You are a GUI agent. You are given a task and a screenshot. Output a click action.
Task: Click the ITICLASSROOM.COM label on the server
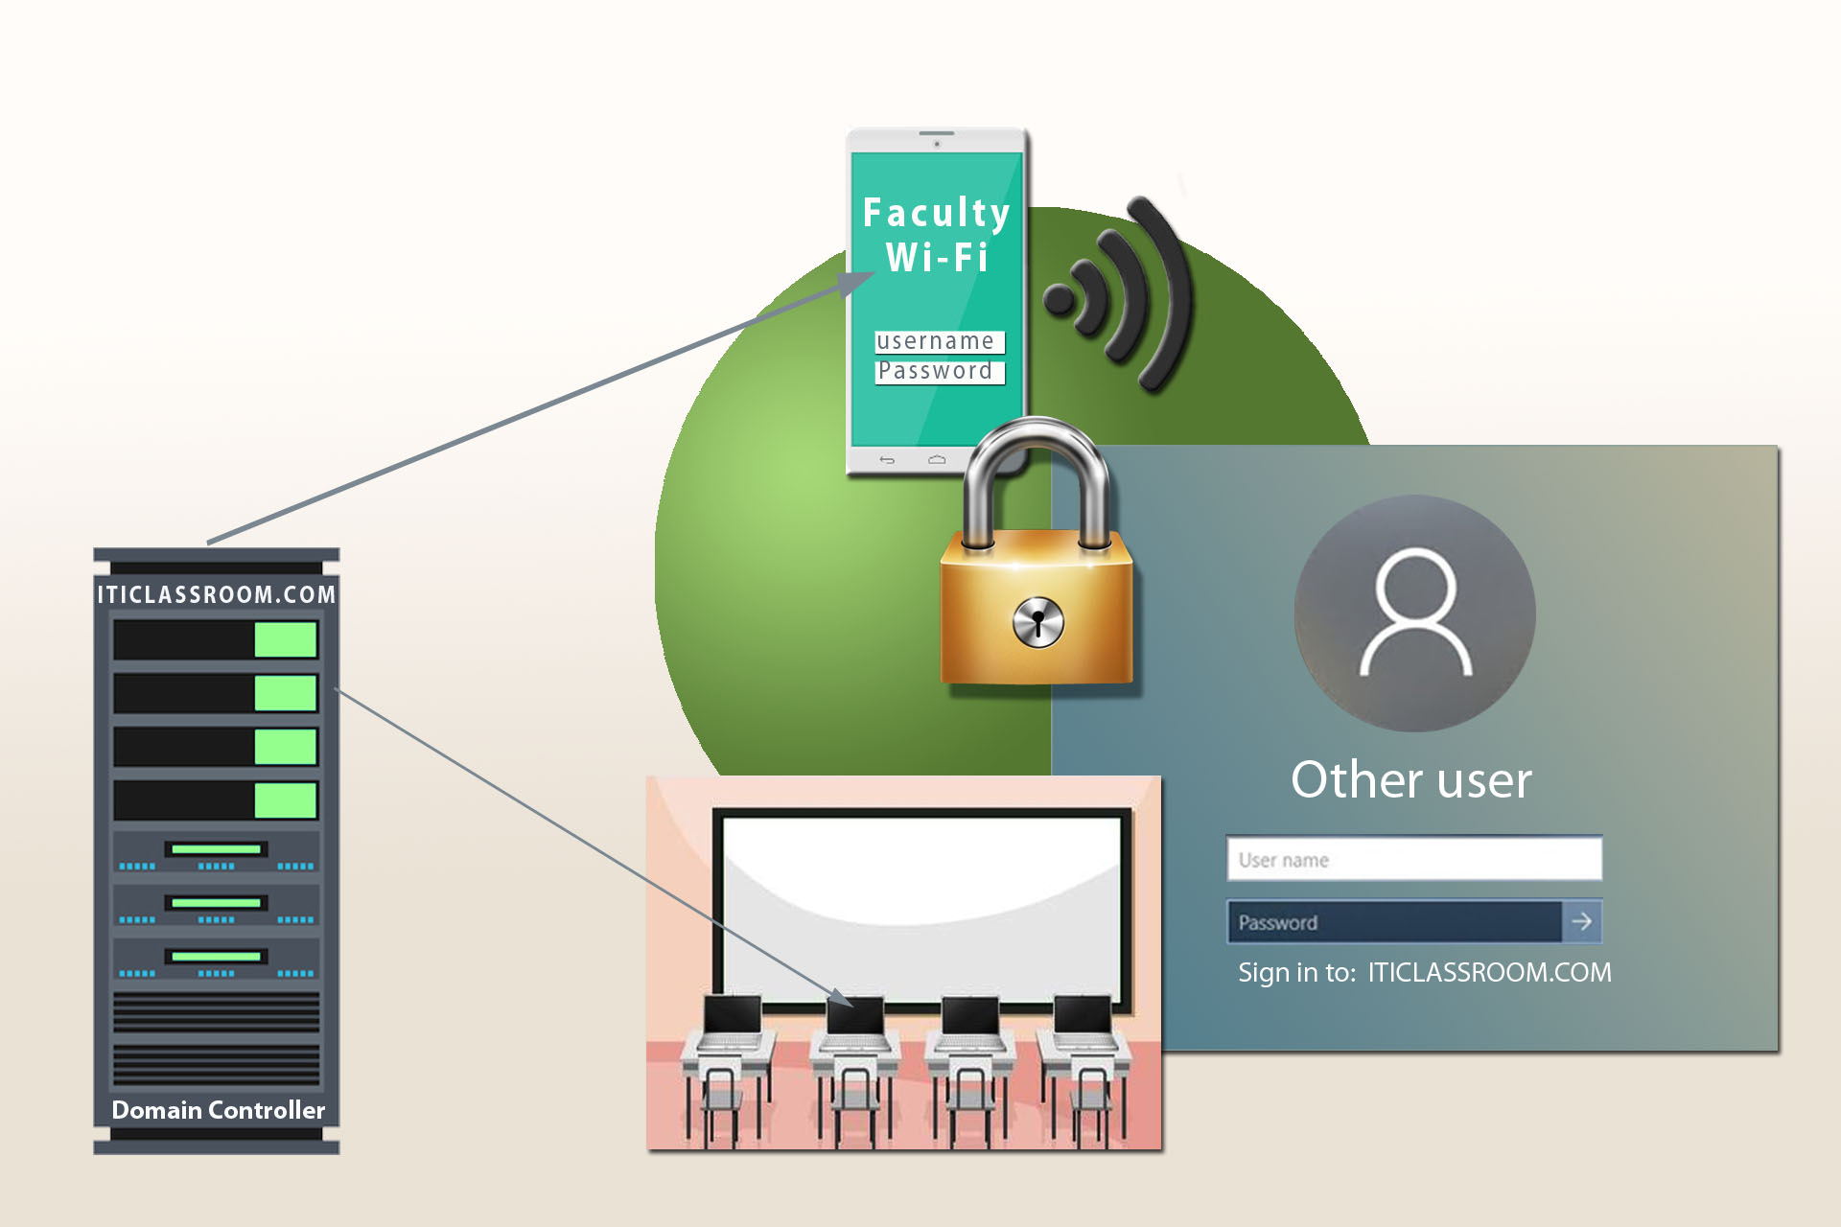(x=217, y=594)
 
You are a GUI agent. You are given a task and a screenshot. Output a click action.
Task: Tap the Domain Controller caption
(x=219, y=1110)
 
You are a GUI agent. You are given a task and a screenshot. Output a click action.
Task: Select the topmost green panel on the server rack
(x=286, y=639)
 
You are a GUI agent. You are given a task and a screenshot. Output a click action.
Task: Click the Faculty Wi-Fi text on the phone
(x=937, y=235)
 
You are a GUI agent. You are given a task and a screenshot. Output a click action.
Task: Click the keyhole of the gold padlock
(x=1038, y=622)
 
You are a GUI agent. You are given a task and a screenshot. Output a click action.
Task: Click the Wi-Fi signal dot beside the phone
(x=1060, y=299)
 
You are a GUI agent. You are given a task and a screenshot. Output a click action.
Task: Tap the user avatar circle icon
(x=1414, y=613)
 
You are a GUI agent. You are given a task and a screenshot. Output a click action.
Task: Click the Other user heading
(x=1411, y=779)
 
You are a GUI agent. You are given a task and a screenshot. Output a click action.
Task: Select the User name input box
(x=1413, y=859)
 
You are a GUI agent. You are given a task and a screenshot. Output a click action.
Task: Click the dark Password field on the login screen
(x=1394, y=922)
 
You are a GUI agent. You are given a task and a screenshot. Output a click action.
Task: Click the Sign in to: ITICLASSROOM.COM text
(x=1424, y=972)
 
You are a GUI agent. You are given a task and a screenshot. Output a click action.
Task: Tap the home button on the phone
(x=937, y=460)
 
